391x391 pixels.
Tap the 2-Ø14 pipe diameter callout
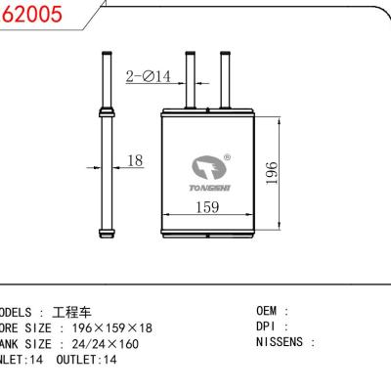150,75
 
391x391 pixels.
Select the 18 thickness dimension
136,159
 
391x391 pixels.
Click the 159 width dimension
205,207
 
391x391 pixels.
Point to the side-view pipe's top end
106,54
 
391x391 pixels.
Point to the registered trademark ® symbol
227,156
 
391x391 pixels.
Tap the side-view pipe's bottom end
106,235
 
